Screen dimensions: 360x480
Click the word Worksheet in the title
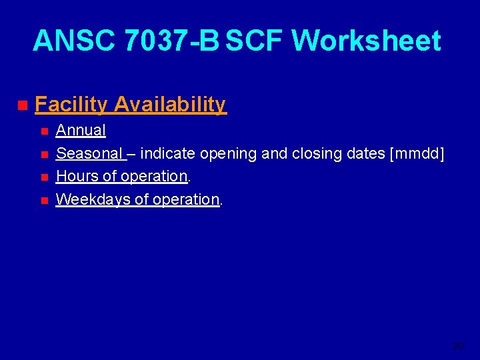coord(366,41)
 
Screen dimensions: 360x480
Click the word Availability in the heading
coord(170,105)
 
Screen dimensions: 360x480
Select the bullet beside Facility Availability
coord(22,105)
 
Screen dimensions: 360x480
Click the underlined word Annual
coord(81,131)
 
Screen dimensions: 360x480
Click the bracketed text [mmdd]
coord(419,154)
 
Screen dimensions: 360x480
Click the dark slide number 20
coord(457,346)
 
